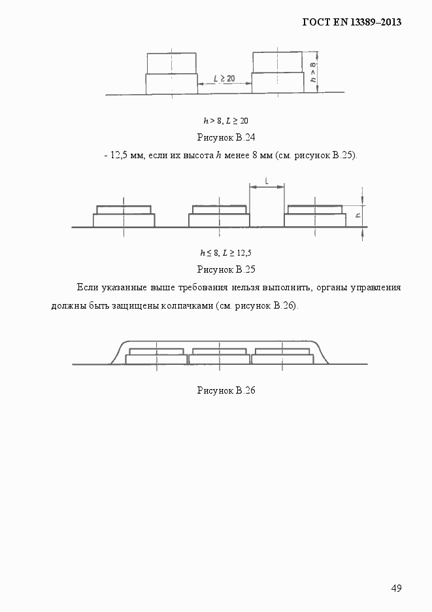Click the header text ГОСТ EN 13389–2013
click(x=351, y=22)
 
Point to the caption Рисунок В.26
click(x=225, y=390)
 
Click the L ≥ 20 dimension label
click(x=224, y=78)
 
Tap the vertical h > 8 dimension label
click(x=313, y=72)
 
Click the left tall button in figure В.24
click(x=171, y=73)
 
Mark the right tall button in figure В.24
click(x=278, y=73)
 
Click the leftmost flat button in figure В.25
click(x=124, y=217)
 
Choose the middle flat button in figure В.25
click(x=219, y=217)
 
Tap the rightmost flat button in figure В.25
click(x=315, y=217)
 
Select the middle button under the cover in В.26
click(x=220, y=357)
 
